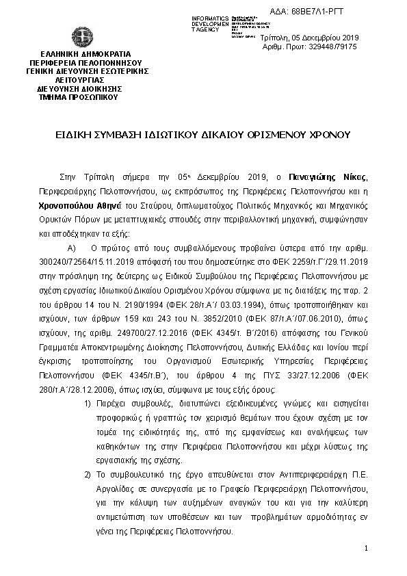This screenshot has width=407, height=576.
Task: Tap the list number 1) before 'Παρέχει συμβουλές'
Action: click(87, 404)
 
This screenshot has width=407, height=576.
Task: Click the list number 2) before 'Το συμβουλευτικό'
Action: click(87, 475)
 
